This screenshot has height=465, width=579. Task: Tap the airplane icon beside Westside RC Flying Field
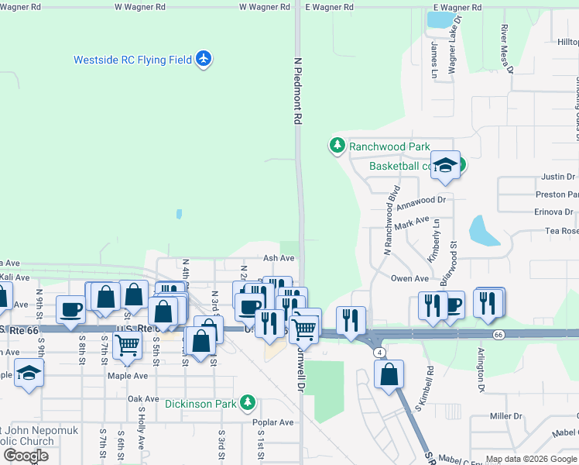pos(204,58)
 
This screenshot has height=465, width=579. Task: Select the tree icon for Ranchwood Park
pos(337,145)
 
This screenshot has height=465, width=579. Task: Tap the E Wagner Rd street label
pos(329,7)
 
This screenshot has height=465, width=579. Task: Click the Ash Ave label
pos(279,258)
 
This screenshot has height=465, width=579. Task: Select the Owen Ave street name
pos(409,279)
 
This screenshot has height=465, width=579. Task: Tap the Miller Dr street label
pos(506,416)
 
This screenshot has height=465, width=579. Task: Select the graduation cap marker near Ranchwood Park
pos(445,165)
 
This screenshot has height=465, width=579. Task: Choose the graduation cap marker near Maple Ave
pos(29,373)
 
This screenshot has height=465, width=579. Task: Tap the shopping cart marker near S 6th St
pos(126,346)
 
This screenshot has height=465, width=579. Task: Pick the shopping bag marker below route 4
pos(389,374)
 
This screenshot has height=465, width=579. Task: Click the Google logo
pos(26,456)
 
